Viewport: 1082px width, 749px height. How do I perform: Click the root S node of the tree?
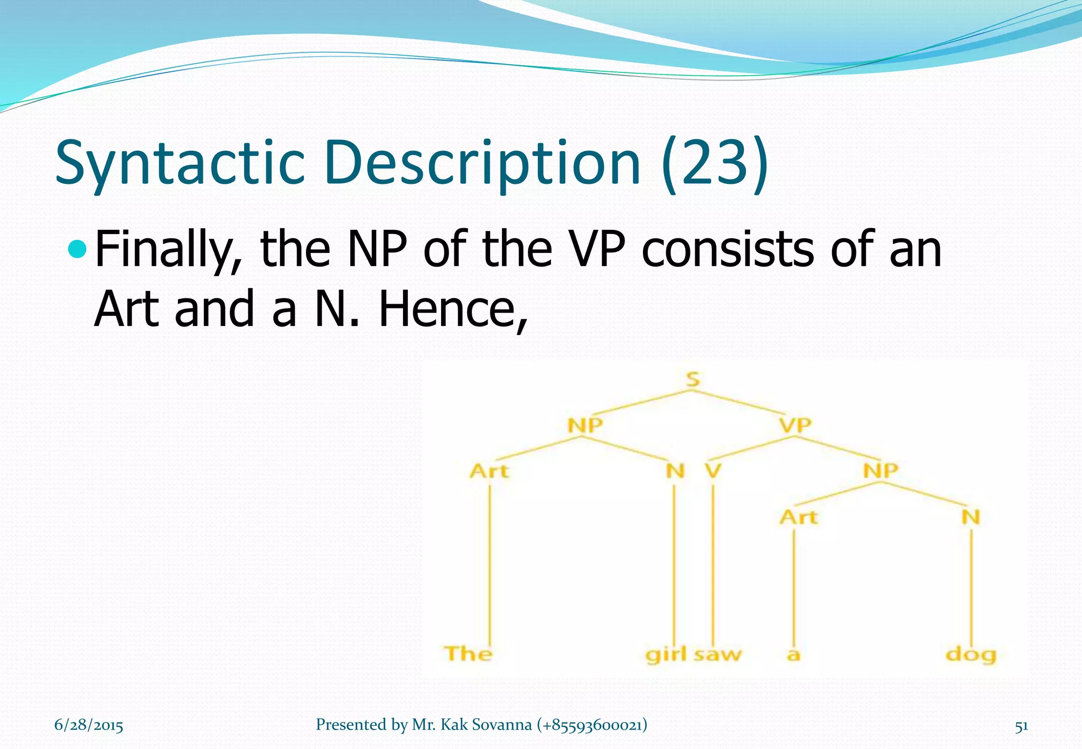(x=693, y=379)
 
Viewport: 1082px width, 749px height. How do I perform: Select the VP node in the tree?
(x=795, y=425)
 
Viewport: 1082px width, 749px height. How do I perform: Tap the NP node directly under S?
(x=585, y=425)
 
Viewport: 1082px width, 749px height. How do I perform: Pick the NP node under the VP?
(x=881, y=470)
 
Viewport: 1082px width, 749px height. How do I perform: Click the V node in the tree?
(x=713, y=470)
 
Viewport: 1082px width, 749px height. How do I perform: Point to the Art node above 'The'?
(x=489, y=471)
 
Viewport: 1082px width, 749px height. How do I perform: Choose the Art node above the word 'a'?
(x=798, y=517)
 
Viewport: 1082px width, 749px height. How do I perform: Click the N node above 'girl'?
(x=675, y=470)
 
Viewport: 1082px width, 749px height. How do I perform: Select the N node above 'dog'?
(x=971, y=517)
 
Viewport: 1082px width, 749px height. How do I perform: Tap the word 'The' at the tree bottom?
(x=468, y=654)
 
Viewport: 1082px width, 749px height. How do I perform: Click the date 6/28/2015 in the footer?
(x=89, y=725)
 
